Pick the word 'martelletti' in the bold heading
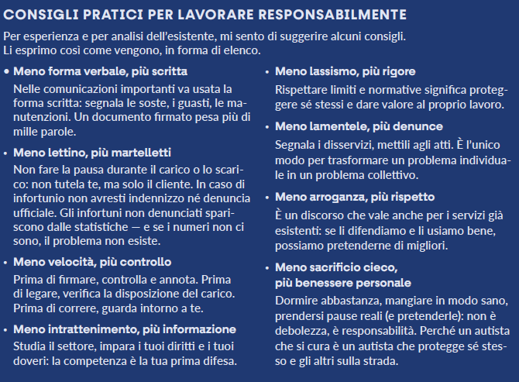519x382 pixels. (140, 153)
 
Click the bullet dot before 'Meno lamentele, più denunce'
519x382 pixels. (268, 126)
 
